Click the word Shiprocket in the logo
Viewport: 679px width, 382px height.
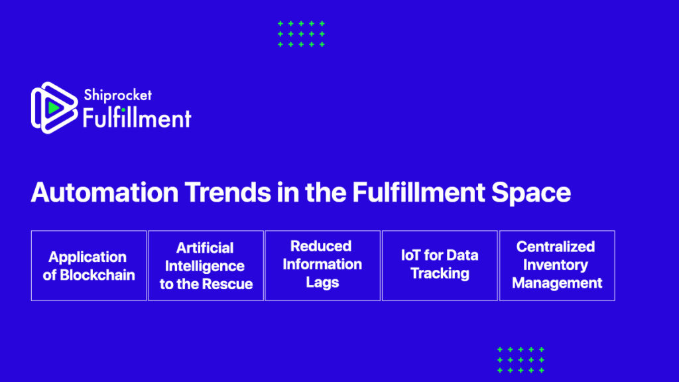(118, 95)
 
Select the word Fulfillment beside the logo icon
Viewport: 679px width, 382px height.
(137, 118)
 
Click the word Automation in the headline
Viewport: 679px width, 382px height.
(105, 192)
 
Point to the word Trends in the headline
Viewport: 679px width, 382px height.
(228, 192)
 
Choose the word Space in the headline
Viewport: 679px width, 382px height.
(531, 193)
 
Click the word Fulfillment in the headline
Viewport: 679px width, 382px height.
(418, 192)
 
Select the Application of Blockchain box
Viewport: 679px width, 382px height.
(89, 265)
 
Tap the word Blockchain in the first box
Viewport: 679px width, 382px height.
(97, 275)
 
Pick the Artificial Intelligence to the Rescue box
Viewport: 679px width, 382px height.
(206, 265)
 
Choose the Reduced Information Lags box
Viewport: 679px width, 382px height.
(323, 265)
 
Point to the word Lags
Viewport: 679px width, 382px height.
(323, 283)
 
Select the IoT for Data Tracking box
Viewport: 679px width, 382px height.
(440, 265)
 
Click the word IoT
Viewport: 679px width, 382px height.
(410, 255)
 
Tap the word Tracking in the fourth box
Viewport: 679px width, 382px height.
(440, 274)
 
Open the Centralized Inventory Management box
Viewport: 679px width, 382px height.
(557, 265)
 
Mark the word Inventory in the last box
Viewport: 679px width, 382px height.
(556, 265)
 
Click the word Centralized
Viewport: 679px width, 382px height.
(556, 247)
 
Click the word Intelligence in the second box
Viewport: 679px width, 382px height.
(205, 266)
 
